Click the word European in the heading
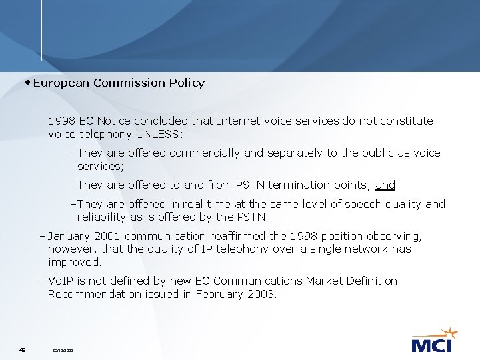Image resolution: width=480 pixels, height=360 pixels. click(x=62, y=83)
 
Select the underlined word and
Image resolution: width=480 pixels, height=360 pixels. click(x=385, y=185)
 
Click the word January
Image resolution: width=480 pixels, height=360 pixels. click(x=70, y=236)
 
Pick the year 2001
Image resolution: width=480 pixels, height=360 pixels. click(x=109, y=236)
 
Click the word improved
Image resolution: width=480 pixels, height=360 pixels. click(x=74, y=262)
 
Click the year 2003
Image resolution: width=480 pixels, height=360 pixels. click(x=261, y=293)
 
